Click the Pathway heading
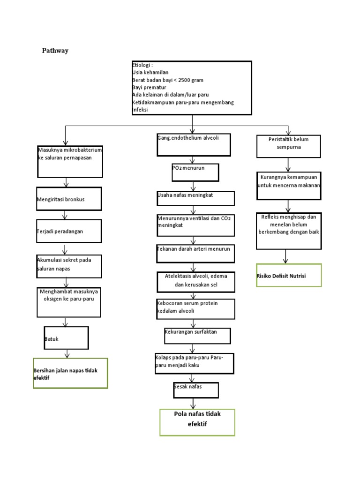pos(55,51)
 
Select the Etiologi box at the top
pos(192,88)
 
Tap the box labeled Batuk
pos(66,338)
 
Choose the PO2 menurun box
pos(195,172)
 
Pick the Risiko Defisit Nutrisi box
pos(289,275)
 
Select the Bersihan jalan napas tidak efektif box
pos(70,373)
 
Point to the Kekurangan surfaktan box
pos(197,336)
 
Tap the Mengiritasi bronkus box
pos(69,200)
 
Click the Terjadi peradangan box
pos(69,231)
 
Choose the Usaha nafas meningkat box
pos(195,198)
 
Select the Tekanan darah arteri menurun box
pos(195,253)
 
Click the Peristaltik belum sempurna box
pos(289,146)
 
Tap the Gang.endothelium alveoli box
pos(194,145)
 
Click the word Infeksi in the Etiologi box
pos(140,110)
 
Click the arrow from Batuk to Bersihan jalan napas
pos(67,353)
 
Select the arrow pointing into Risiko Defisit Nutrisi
pos(285,256)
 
